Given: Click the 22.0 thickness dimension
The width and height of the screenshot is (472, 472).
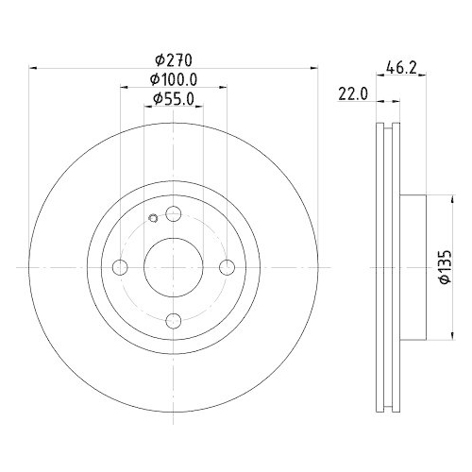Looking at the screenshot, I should tap(353, 93).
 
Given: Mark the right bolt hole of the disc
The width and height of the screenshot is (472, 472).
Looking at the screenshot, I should tap(227, 269).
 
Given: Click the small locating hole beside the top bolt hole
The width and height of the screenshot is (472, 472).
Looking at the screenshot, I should tap(154, 222).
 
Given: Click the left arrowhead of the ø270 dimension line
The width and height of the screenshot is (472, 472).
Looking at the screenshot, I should tap(35, 67).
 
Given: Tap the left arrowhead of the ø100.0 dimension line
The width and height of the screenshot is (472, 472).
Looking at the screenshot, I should tap(123, 87).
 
